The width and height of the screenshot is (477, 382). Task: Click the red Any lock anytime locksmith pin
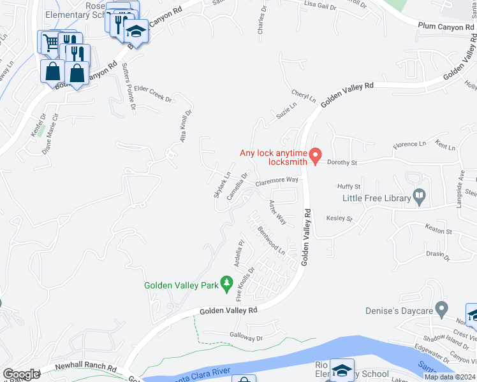coord(314,155)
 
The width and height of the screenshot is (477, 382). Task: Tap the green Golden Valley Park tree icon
coord(226,283)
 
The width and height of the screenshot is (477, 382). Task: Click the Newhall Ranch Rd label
coord(85,367)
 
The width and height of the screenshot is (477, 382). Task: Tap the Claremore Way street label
coord(277,181)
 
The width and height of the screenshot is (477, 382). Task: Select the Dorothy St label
coord(339,162)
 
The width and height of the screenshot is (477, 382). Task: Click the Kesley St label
coord(339,218)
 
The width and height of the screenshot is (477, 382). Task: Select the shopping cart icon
coord(50,43)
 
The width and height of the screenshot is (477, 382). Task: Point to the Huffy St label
coord(349,187)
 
